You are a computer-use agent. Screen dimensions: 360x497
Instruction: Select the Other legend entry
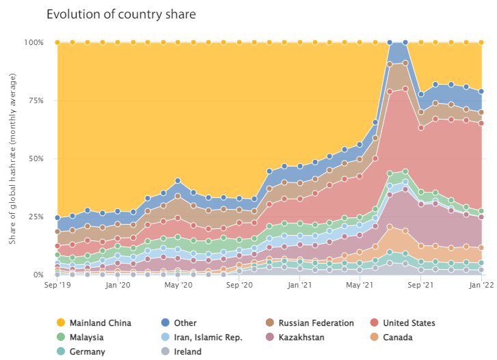click(x=185, y=323)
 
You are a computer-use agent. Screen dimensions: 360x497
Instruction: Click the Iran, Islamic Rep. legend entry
click(x=203, y=337)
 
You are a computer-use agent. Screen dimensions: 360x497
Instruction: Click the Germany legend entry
click(x=87, y=352)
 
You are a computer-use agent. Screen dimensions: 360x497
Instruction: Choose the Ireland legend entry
click(x=187, y=352)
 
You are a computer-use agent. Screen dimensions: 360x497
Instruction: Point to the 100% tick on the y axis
click(x=33, y=42)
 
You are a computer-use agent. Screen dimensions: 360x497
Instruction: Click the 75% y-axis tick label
click(x=36, y=100)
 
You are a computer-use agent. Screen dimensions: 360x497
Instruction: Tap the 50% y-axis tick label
click(x=36, y=158)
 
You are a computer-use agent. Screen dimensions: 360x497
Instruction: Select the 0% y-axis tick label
click(x=38, y=275)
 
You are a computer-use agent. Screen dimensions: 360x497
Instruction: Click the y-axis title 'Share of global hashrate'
click(x=14, y=158)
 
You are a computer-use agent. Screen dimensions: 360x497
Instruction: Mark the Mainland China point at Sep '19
click(x=57, y=42)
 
